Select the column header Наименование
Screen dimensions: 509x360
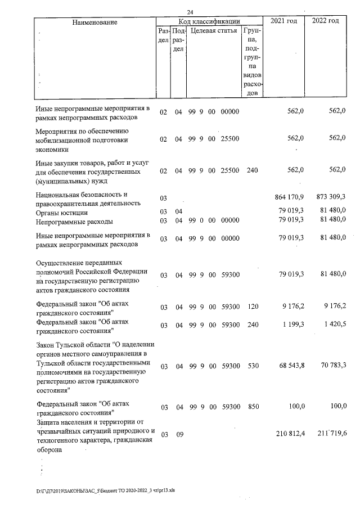94,22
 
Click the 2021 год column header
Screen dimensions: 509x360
284,21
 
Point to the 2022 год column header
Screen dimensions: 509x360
325,21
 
